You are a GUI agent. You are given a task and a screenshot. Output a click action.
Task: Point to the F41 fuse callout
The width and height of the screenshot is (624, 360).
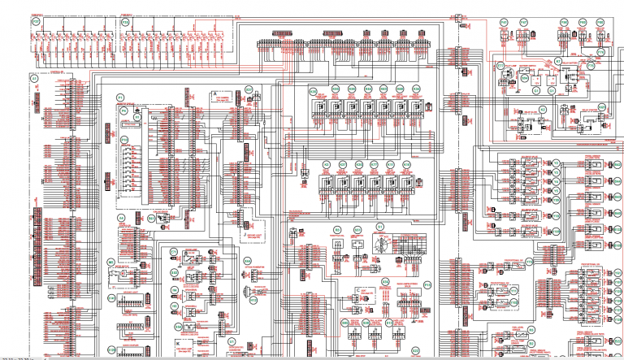(502, 23)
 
